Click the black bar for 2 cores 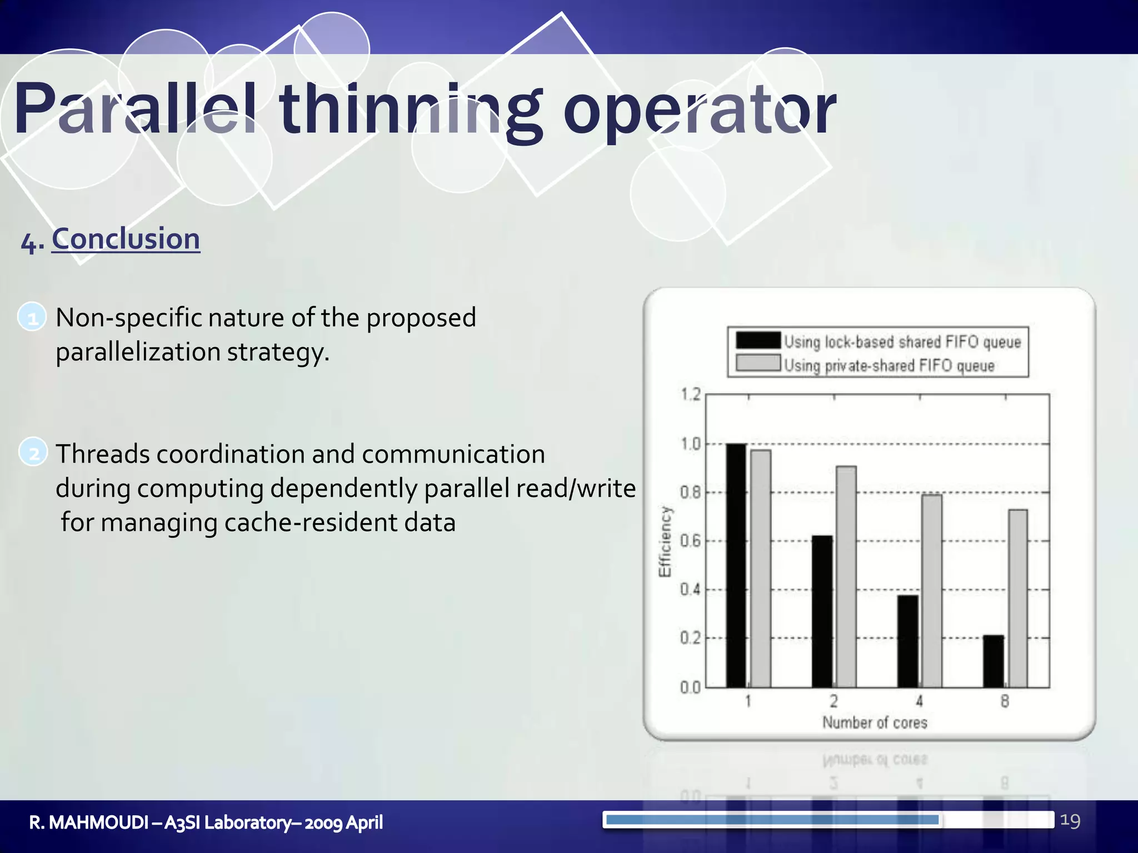click(822, 611)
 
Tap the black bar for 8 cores click(994, 661)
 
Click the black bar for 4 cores click(908, 641)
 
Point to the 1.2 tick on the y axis click(691, 394)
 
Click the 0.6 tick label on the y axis click(691, 540)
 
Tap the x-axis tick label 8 click(1005, 701)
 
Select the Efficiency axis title click(665, 541)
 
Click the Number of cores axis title click(875, 722)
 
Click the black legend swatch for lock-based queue click(758, 340)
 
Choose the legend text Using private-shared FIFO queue click(889, 365)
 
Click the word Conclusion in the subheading click(126, 239)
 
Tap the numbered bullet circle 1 click(32, 318)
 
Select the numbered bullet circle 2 click(33, 453)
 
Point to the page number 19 click(1070, 821)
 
